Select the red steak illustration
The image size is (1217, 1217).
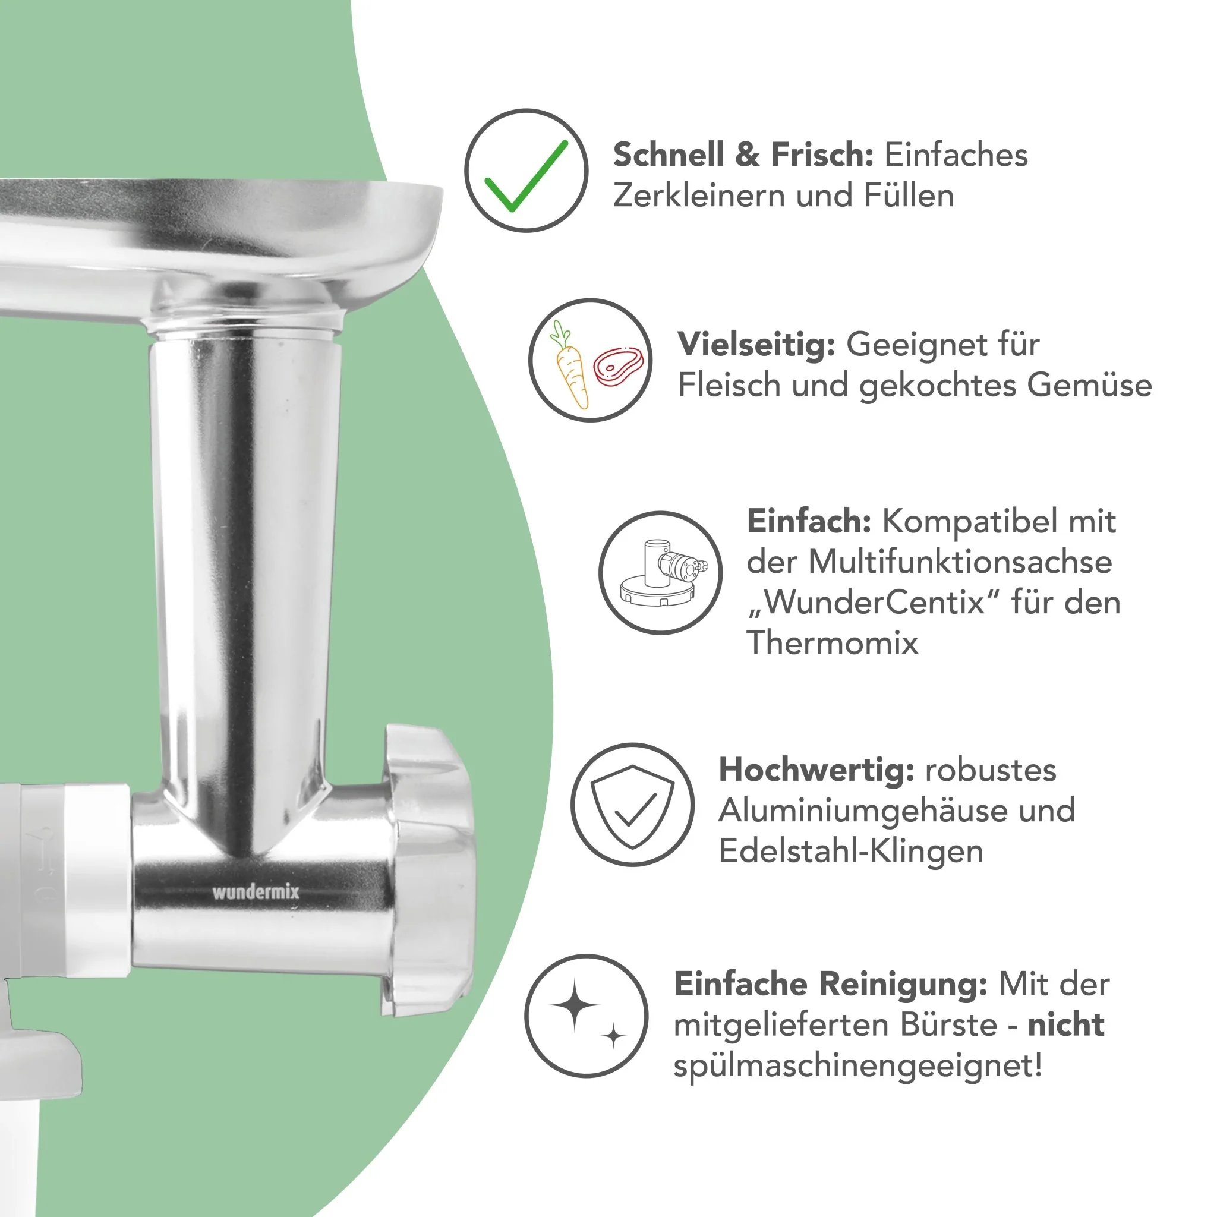pos(619,365)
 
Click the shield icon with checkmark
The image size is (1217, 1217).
pos(632,807)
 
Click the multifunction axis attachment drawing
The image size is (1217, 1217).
pos(663,573)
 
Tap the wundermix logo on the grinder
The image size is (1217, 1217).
pos(256,892)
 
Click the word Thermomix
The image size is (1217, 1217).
pos(832,643)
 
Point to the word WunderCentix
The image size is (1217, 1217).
pos(874,603)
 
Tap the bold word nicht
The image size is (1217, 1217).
pos(1066,1024)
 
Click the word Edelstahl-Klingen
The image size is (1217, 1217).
pos(851,851)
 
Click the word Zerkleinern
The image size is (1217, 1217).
pos(699,196)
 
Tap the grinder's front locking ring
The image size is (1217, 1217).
pos(427,869)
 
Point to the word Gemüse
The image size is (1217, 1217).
pos(1089,385)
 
